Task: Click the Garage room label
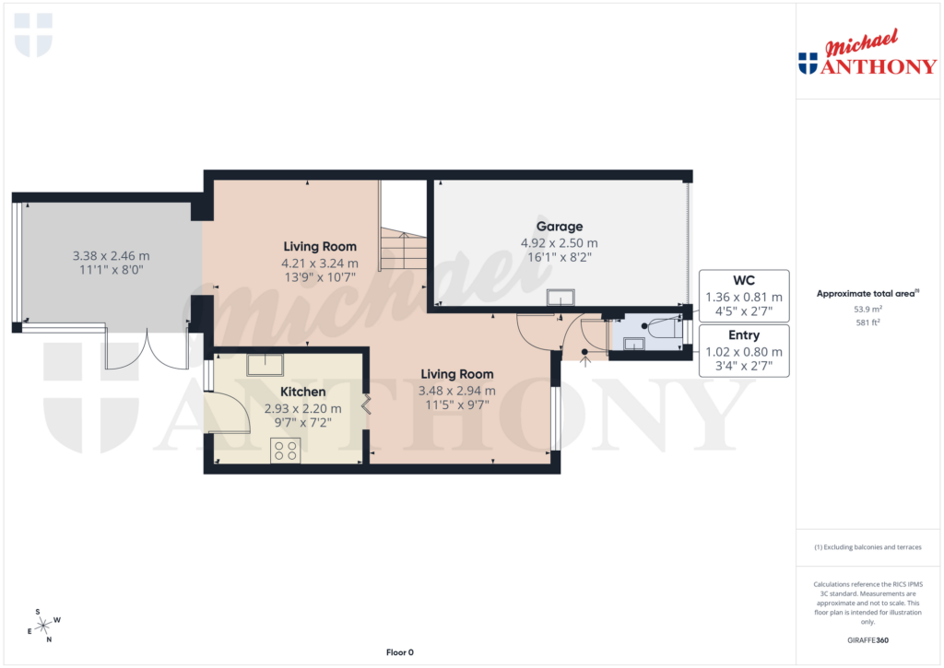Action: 560,226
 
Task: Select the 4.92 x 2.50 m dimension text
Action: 560,243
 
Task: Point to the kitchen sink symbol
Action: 265,363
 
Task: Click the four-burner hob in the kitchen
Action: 285,451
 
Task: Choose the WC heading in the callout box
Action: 744,280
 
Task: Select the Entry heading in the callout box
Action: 744,334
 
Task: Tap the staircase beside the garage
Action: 403,251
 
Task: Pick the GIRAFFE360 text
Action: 867,640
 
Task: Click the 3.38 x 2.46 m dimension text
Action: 111,255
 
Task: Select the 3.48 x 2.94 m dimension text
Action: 457,392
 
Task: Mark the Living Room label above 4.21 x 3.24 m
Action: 319,246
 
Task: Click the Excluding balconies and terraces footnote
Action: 867,547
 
